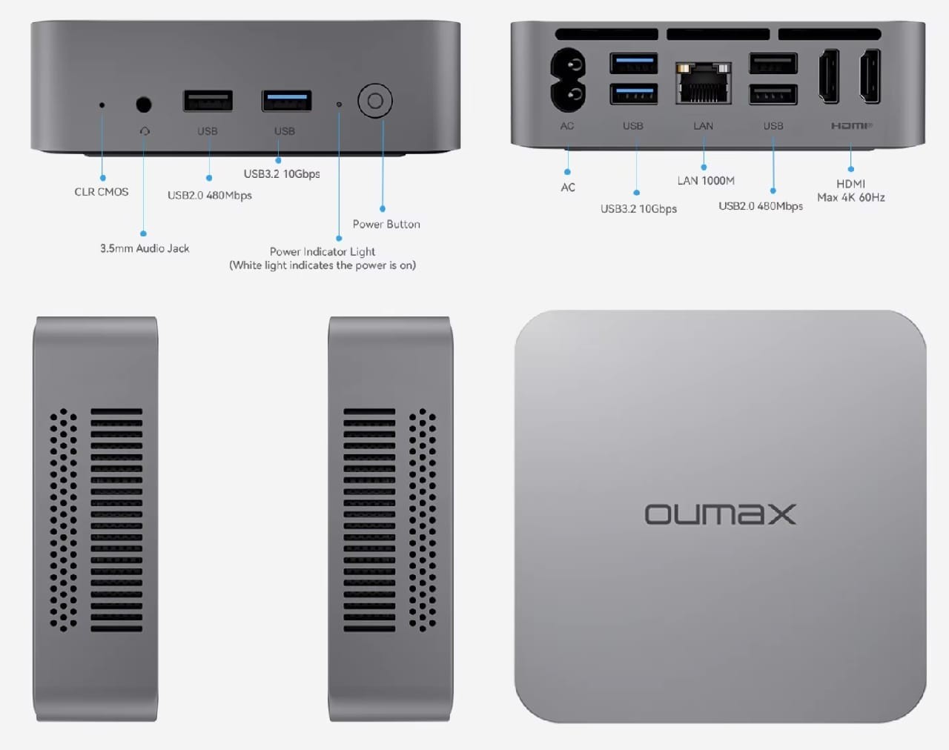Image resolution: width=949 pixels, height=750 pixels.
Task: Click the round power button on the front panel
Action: (x=375, y=101)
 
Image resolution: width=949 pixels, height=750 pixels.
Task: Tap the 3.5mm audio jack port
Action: (x=144, y=104)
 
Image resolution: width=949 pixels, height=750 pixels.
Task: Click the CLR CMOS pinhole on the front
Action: (x=102, y=105)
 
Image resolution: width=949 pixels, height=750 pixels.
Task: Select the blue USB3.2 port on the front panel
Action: (x=286, y=100)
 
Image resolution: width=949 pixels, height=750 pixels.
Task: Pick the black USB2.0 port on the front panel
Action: (x=208, y=100)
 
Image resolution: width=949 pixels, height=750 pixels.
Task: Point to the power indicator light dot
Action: (x=339, y=104)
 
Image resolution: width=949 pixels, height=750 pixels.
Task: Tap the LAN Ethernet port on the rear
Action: (x=703, y=82)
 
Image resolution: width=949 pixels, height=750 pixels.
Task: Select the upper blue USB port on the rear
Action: (x=633, y=63)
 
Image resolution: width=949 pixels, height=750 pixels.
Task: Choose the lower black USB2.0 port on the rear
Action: (x=773, y=95)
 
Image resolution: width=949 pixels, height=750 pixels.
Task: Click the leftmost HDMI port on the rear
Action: (x=829, y=76)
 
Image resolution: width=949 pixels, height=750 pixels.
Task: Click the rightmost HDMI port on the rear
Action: (x=870, y=76)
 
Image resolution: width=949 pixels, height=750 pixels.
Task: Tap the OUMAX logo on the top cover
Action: (x=720, y=514)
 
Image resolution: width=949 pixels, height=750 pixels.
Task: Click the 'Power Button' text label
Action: (x=386, y=224)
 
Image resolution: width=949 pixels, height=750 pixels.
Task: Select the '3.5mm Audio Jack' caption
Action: (x=145, y=248)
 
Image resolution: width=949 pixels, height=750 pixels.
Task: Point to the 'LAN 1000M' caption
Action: (x=706, y=180)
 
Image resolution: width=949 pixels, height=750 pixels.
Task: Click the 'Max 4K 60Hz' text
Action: (x=851, y=197)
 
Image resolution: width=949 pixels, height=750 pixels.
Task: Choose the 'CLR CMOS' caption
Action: (x=102, y=191)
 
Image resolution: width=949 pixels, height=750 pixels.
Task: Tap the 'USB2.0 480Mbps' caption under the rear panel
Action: (x=761, y=206)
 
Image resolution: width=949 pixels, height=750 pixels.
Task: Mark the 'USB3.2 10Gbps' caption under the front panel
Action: (x=282, y=173)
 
